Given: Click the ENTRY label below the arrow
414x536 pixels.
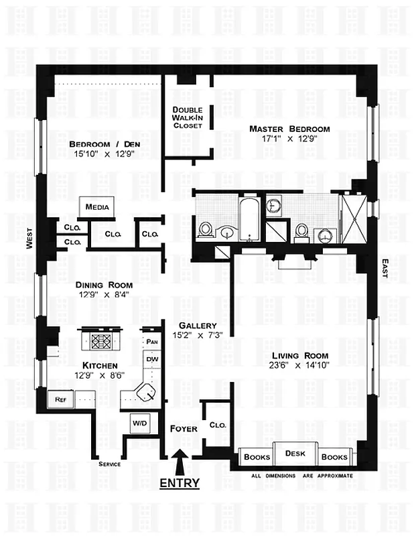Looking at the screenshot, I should pos(179,482).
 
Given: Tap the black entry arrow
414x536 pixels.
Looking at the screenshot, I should pos(179,462).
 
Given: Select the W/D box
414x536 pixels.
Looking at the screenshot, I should pos(140,423).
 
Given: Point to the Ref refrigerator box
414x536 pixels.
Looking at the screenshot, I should pos(60,399).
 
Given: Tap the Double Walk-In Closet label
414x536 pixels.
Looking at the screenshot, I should pos(188,117).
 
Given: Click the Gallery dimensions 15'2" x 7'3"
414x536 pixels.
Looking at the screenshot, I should pos(196,334).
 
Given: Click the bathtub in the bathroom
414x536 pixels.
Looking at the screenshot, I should pos(249,220).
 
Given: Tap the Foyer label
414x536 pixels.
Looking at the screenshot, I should pos(184,428).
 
